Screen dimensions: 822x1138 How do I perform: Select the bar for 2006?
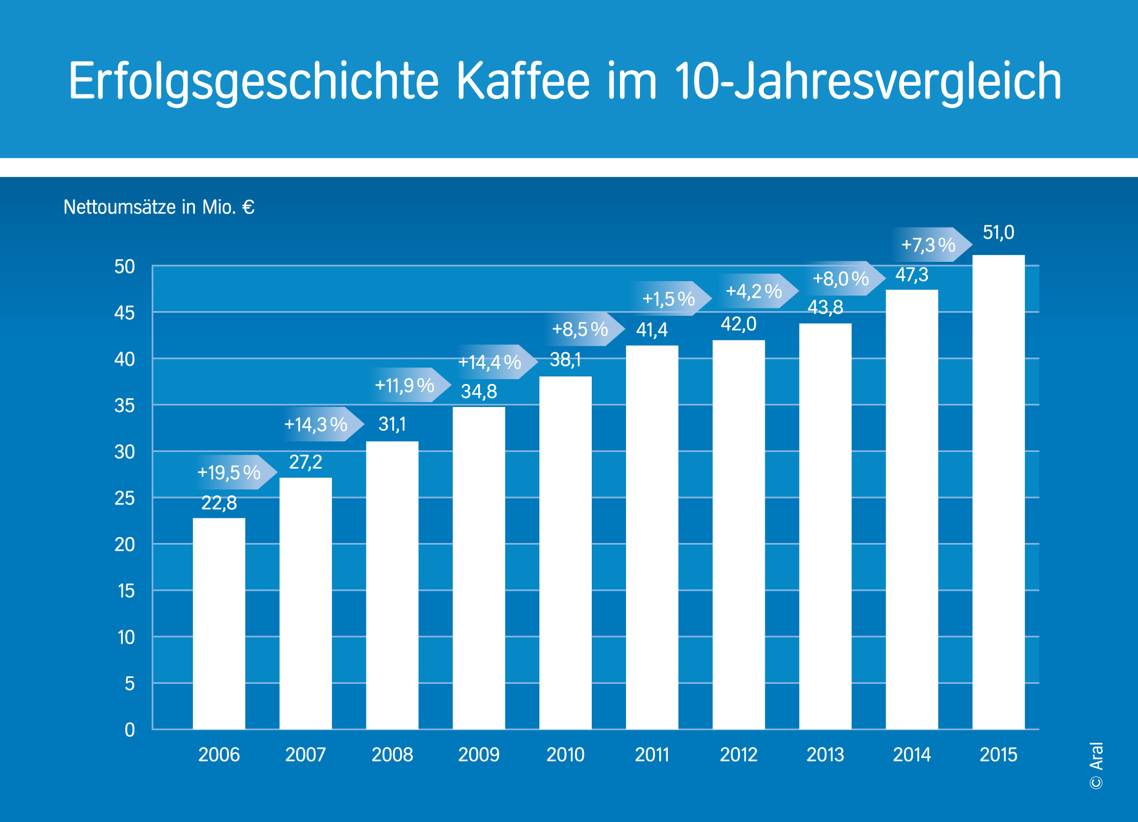218,624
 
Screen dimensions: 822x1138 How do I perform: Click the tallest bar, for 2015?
998,493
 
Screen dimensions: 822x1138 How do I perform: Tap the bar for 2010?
565,552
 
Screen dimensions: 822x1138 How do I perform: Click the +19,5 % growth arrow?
232,472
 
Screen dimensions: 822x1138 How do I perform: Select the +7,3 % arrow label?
931,245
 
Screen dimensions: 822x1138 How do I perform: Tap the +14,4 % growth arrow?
493,362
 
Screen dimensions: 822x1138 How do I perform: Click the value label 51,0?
998,232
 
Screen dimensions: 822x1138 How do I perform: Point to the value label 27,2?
305,462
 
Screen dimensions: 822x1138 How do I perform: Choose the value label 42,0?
738,324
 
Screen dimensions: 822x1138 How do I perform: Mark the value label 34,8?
479,391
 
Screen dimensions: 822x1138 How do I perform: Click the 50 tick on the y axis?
124,267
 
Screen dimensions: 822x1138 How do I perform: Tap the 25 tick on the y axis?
124,499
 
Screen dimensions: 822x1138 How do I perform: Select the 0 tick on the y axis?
130,730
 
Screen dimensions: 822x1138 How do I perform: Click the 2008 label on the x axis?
392,755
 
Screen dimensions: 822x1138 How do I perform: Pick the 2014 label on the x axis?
911,755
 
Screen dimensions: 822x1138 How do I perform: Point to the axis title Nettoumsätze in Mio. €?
159,207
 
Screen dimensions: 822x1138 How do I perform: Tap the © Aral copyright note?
1096,766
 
